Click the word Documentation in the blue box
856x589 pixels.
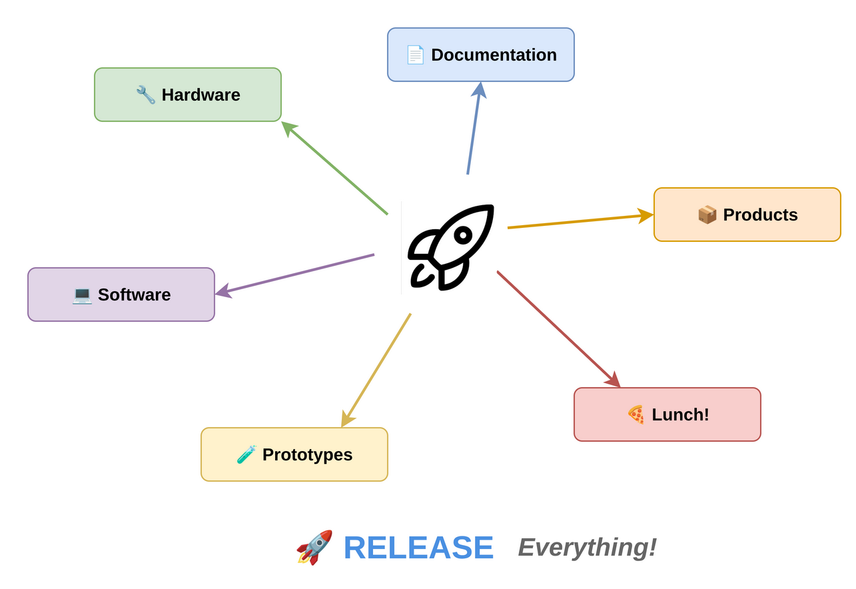(494, 55)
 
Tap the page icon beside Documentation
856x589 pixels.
(415, 55)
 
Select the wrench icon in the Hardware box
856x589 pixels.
(145, 95)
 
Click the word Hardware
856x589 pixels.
(201, 95)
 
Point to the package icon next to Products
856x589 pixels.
(707, 215)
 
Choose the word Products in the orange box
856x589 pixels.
(760, 215)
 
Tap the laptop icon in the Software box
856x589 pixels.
(82, 294)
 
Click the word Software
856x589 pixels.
(134, 294)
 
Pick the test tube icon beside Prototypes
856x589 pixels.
(246, 454)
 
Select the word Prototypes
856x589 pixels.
(307, 454)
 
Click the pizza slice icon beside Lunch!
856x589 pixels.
(636, 414)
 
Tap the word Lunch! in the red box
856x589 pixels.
(680, 414)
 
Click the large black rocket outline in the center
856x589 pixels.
(451, 247)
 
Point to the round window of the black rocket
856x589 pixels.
(463, 235)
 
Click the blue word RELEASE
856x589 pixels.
(418, 548)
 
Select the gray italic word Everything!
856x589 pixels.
(587, 547)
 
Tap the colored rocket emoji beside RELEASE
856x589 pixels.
(314, 547)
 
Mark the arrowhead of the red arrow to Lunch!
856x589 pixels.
(614, 380)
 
